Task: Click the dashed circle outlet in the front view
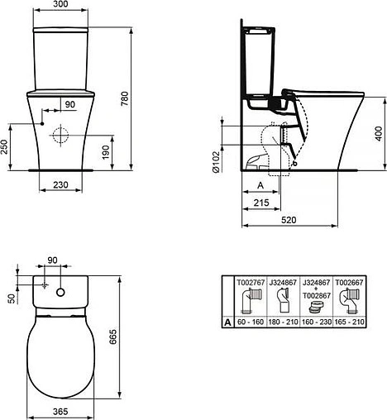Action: [x=59, y=135]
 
